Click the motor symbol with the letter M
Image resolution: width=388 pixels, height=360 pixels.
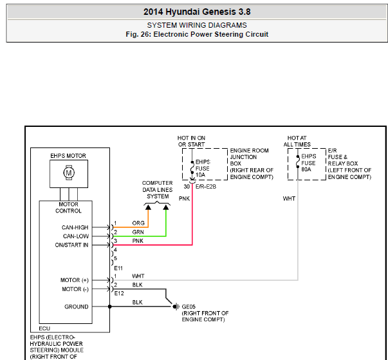(69, 173)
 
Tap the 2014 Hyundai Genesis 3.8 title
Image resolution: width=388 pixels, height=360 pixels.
(197, 12)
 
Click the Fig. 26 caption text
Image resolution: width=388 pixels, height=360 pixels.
(197, 34)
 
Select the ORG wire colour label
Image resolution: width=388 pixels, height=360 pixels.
(138, 223)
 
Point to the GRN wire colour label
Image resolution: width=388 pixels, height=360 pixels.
(138, 232)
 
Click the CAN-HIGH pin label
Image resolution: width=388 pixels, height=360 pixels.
(75, 227)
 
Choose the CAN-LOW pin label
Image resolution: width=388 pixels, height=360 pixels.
(76, 236)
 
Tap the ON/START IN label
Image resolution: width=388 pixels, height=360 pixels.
(71, 245)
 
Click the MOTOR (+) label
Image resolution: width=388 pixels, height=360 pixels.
(75, 280)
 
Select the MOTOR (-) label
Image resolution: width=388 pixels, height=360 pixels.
(75, 289)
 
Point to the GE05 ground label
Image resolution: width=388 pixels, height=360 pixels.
(189, 307)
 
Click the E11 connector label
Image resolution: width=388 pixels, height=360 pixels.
(118, 268)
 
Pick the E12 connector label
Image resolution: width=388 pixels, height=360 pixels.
(119, 294)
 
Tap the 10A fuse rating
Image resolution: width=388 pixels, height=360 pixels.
(200, 175)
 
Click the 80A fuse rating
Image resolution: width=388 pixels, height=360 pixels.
(306, 169)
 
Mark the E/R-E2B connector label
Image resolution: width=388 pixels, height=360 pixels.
(206, 186)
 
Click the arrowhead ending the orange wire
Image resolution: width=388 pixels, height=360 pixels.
(148, 207)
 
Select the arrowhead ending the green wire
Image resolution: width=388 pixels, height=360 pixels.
(166, 207)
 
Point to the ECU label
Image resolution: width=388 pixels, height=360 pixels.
(44, 328)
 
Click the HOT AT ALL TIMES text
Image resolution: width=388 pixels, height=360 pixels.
(297, 141)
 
